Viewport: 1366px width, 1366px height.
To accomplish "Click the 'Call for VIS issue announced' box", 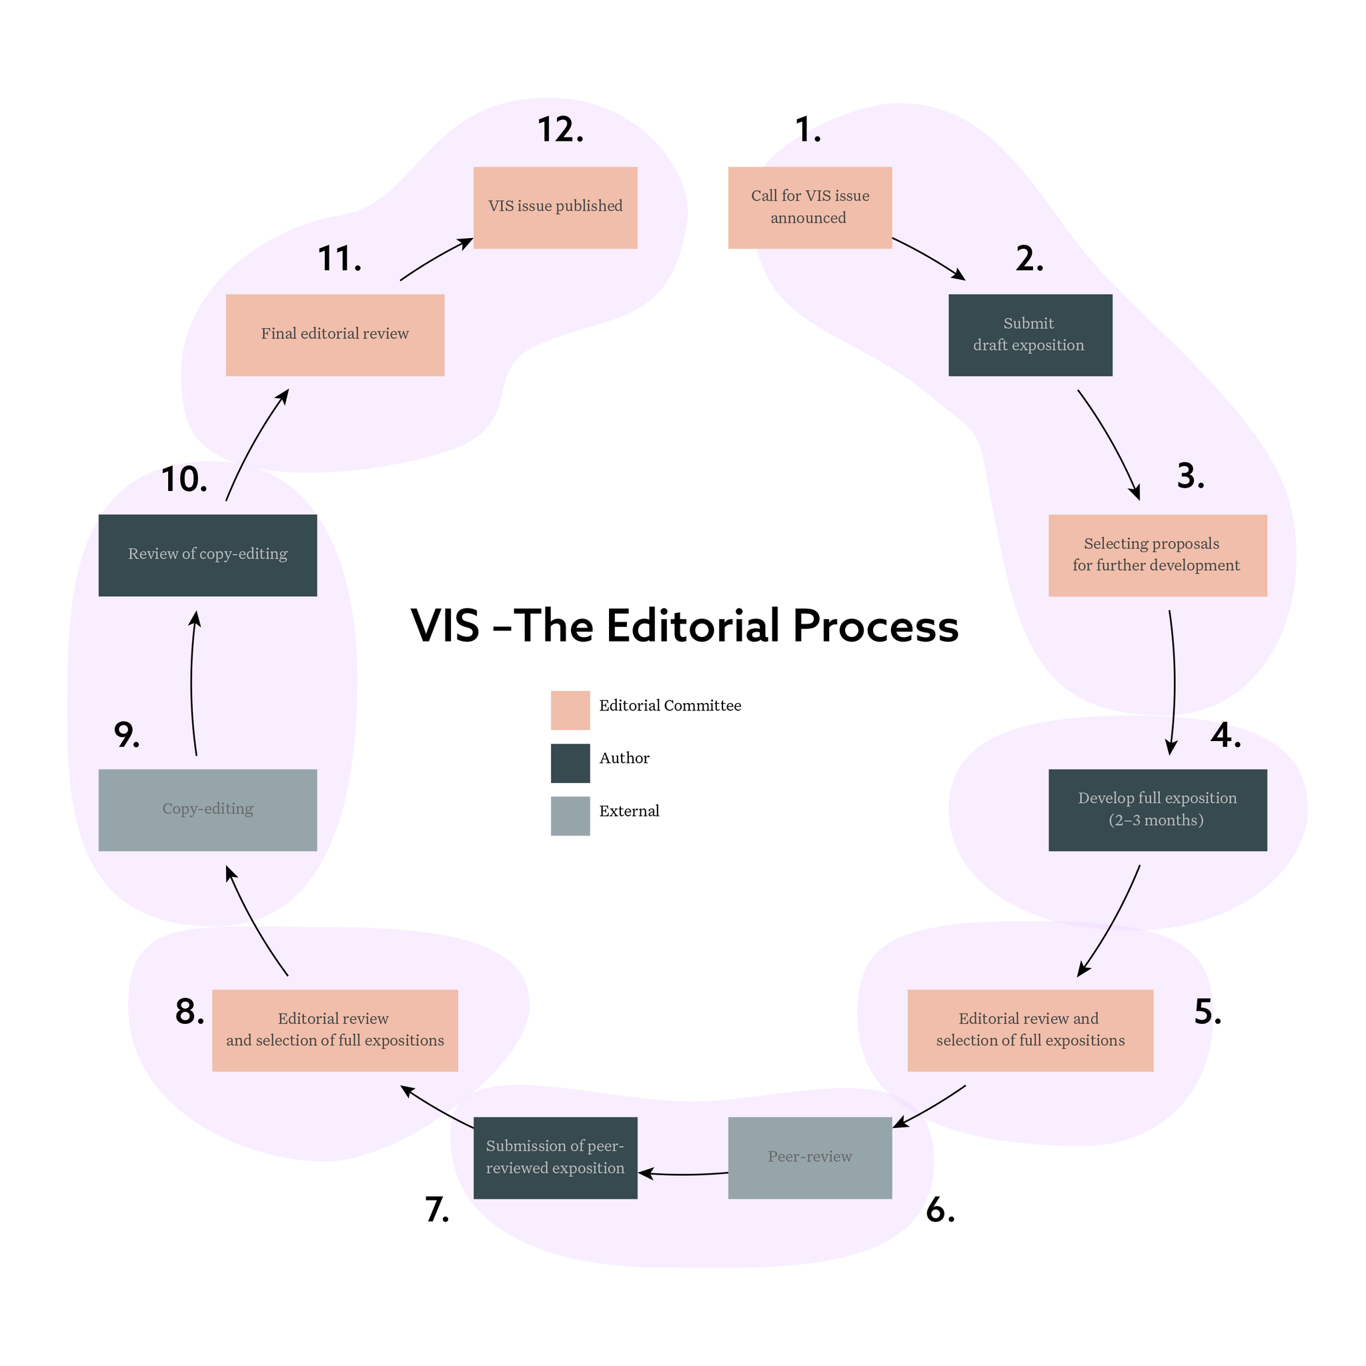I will coord(810,207).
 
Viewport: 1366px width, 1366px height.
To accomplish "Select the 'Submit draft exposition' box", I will coord(1029,334).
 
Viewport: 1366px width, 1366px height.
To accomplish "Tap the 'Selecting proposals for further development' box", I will coord(1157,555).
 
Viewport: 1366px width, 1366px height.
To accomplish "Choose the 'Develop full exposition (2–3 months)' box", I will coord(1157,810).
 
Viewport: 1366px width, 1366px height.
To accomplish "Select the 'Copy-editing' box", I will coord(207,810).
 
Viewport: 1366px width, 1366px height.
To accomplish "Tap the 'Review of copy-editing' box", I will coord(207,555).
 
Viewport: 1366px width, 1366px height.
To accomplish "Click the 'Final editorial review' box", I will coord(334,334).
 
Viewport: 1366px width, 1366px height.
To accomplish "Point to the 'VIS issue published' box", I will coord(555,207).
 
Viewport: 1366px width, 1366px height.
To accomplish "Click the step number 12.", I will coord(560,130).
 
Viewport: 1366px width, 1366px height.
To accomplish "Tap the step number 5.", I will coord(1207,1012).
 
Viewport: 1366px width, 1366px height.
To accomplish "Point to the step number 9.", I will coord(127,735).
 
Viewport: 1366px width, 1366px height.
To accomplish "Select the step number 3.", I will coord(1190,476).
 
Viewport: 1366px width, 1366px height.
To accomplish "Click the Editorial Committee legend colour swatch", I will coord(570,710).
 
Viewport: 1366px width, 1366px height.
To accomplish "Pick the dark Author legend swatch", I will coord(570,763).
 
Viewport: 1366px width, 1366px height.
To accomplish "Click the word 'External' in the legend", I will coord(628,811).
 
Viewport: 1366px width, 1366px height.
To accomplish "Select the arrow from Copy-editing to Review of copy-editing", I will coord(192,682).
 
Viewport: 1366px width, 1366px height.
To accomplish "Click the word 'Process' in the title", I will coord(875,626).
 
